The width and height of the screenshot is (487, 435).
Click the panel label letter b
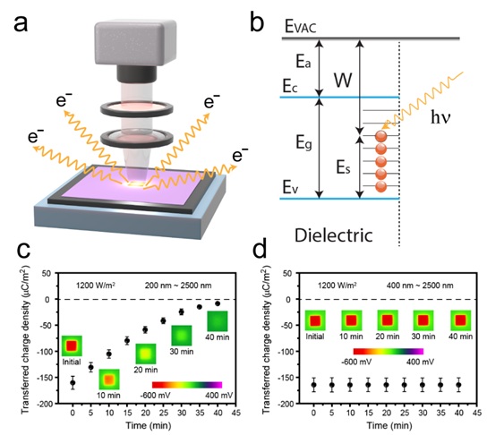click(x=257, y=21)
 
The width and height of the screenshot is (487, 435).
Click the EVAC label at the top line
click(x=300, y=27)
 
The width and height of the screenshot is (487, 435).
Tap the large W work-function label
click(x=343, y=81)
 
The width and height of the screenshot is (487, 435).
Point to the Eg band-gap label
click(x=303, y=143)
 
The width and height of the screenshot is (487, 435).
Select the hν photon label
click(x=440, y=118)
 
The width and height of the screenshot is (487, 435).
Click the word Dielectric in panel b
click(x=334, y=235)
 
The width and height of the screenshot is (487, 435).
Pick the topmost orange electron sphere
click(x=381, y=136)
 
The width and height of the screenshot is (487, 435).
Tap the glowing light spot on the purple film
click(x=136, y=183)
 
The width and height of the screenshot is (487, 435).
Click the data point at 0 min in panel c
click(x=73, y=382)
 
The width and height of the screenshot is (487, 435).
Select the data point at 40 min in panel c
click(x=218, y=303)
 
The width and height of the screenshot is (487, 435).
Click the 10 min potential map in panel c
click(x=109, y=380)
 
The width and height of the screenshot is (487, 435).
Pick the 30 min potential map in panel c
click(x=182, y=336)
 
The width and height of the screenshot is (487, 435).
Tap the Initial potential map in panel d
click(x=315, y=320)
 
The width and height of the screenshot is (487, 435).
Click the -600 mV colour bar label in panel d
click(x=356, y=362)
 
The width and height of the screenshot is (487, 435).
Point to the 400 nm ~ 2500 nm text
click(x=420, y=286)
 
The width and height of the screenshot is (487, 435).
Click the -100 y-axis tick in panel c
click(x=45, y=351)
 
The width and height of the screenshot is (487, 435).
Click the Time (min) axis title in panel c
click(x=149, y=425)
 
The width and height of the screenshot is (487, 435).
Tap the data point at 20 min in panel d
click(x=387, y=385)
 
